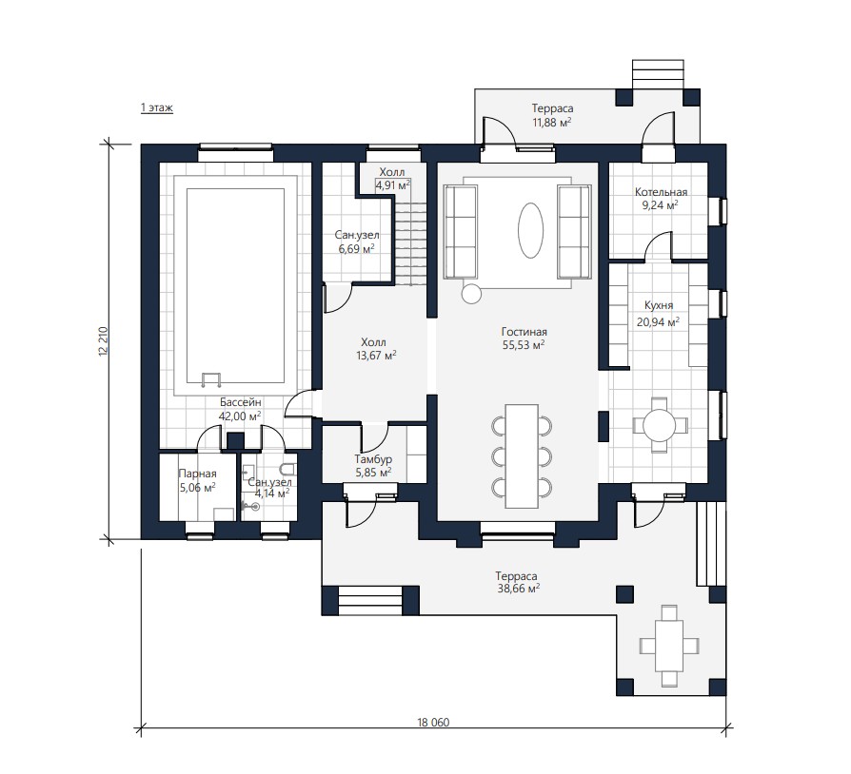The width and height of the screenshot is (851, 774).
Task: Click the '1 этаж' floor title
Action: (x=157, y=107)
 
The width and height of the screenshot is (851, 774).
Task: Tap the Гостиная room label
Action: (x=524, y=332)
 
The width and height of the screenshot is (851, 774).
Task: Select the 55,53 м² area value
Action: (x=524, y=345)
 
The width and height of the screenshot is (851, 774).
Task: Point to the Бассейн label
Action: (x=241, y=403)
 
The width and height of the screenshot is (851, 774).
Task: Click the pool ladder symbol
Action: (x=210, y=379)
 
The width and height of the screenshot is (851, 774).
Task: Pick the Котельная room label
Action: (x=661, y=192)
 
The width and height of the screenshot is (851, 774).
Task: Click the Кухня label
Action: (x=659, y=305)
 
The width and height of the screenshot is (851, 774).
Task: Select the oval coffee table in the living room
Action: (x=530, y=231)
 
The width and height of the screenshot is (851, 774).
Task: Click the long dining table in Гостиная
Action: (x=522, y=455)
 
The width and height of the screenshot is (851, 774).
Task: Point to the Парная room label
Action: (x=198, y=474)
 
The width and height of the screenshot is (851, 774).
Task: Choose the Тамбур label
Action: (x=373, y=459)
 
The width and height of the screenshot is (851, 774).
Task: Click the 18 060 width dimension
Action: (x=433, y=723)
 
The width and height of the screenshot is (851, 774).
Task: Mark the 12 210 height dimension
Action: (x=103, y=341)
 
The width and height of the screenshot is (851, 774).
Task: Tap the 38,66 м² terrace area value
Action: (x=518, y=589)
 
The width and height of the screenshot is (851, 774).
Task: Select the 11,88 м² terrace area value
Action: (x=552, y=123)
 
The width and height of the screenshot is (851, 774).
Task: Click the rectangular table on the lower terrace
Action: (x=669, y=646)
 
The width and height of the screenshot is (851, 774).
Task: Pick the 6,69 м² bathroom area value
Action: (x=357, y=249)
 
